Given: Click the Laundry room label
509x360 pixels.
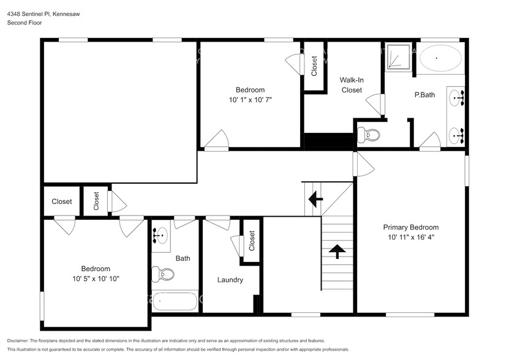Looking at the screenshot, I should click(x=230, y=280).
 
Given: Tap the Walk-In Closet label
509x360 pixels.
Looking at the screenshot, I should click(x=351, y=84).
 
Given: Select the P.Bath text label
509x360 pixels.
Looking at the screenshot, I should click(x=424, y=95).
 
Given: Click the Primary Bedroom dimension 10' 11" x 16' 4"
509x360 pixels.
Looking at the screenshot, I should click(x=411, y=237).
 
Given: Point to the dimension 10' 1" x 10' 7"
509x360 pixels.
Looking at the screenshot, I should click(x=250, y=99).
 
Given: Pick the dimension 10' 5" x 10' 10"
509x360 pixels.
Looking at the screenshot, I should click(x=96, y=279).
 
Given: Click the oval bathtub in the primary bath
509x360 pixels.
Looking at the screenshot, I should click(x=440, y=59).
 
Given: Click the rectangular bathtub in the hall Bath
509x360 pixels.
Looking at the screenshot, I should click(x=175, y=302).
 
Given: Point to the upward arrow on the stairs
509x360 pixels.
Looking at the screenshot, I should click(x=336, y=250).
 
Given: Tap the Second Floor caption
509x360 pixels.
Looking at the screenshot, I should click(x=24, y=23).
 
